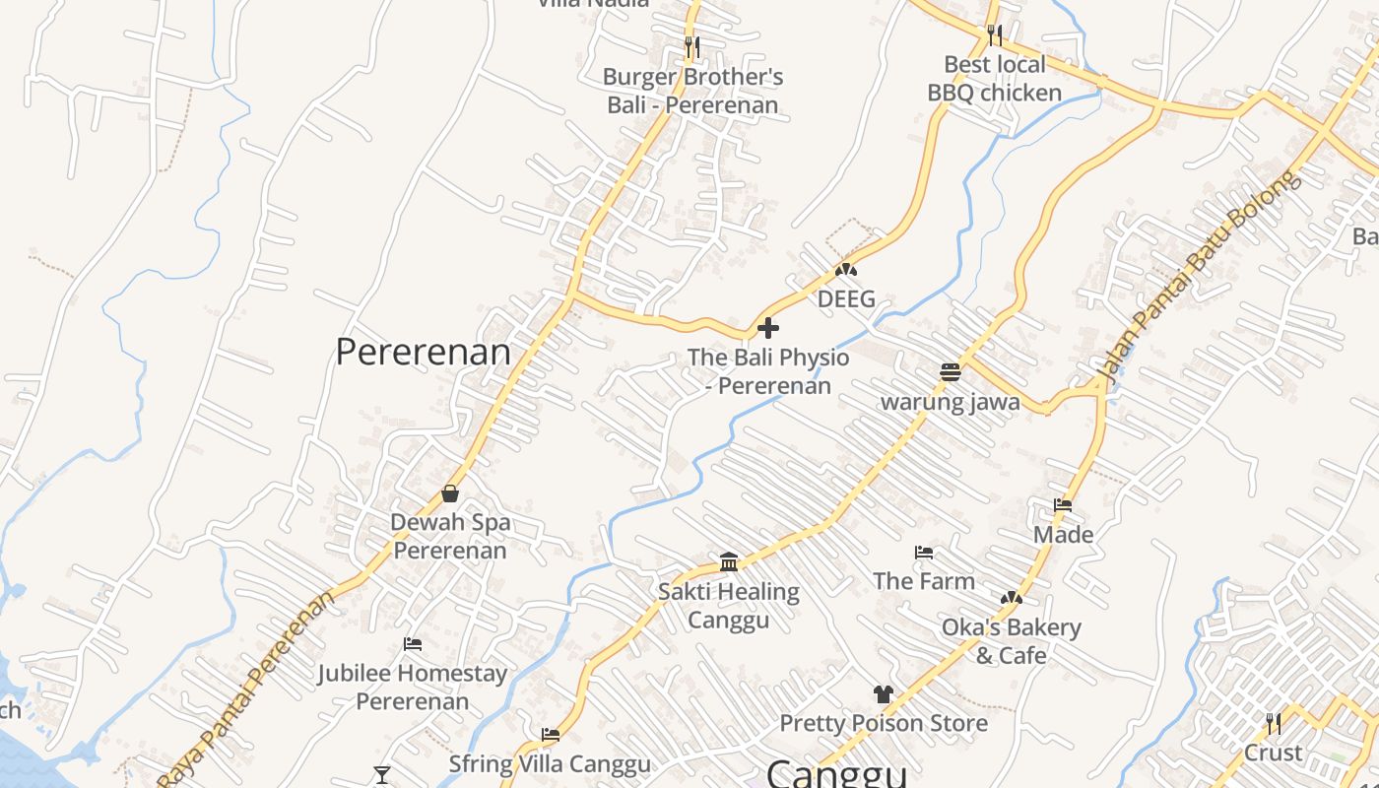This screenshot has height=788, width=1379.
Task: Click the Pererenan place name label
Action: tap(424, 352)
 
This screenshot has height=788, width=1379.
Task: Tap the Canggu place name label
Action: tap(836, 773)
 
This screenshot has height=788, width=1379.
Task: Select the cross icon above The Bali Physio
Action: tap(768, 328)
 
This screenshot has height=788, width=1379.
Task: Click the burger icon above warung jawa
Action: tap(950, 372)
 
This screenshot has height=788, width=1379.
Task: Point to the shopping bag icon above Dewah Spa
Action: tap(450, 492)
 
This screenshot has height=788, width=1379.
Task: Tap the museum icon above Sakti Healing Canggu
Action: tap(729, 561)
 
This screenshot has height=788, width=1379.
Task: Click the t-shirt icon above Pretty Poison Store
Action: tap(883, 694)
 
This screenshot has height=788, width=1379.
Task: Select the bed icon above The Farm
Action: tap(923, 553)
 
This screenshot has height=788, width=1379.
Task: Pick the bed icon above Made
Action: tap(1063, 505)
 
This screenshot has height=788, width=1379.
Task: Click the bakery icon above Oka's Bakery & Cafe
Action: tap(1011, 598)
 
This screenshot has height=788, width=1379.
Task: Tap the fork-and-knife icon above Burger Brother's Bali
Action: tap(692, 46)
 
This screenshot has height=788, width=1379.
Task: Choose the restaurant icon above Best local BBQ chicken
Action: tap(995, 35)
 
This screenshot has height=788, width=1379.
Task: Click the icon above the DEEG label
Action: tap(845, 269)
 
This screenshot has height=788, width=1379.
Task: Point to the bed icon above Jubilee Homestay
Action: tap(413, 644)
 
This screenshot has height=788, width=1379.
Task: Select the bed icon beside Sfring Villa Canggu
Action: tap(551, 734)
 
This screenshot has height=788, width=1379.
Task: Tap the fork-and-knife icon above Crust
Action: tap(1273, 724)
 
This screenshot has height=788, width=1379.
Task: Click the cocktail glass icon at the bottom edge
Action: tap(382, 775)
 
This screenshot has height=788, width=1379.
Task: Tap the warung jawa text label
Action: tap(950, 402)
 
